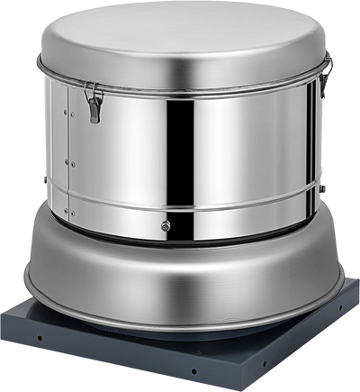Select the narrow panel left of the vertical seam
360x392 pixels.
point(57,162)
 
